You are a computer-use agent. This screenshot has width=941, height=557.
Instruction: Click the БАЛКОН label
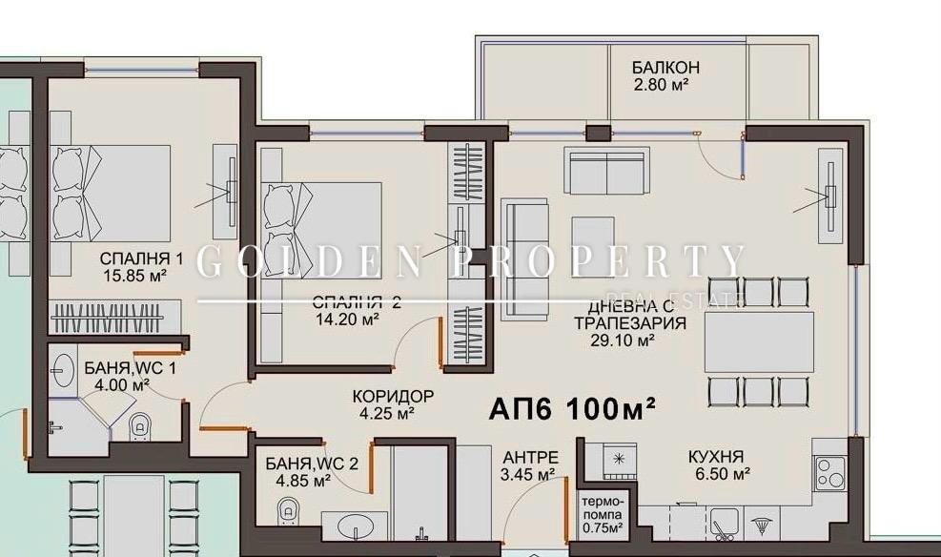click(x=665, y=68)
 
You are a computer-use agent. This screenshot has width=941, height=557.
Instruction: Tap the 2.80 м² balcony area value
click(x=661, y=85)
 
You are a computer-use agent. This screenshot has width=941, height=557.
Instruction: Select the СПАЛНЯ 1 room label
click(x=141, y=259)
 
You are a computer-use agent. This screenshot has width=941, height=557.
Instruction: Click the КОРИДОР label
click(x=393, y=396)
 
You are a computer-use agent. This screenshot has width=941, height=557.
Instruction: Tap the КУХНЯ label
click(x=715, y=457)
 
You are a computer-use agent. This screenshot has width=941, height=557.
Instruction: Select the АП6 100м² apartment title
click(x=572, y=409)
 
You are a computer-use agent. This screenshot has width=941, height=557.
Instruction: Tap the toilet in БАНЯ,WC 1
click(x=139, y=427)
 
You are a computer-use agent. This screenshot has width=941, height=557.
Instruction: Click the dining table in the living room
click(x=759, y=341)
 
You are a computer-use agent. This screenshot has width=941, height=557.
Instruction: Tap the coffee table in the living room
click(x=593, y=247)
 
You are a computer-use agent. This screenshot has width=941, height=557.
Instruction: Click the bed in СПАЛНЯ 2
click(x=320, y=230)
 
